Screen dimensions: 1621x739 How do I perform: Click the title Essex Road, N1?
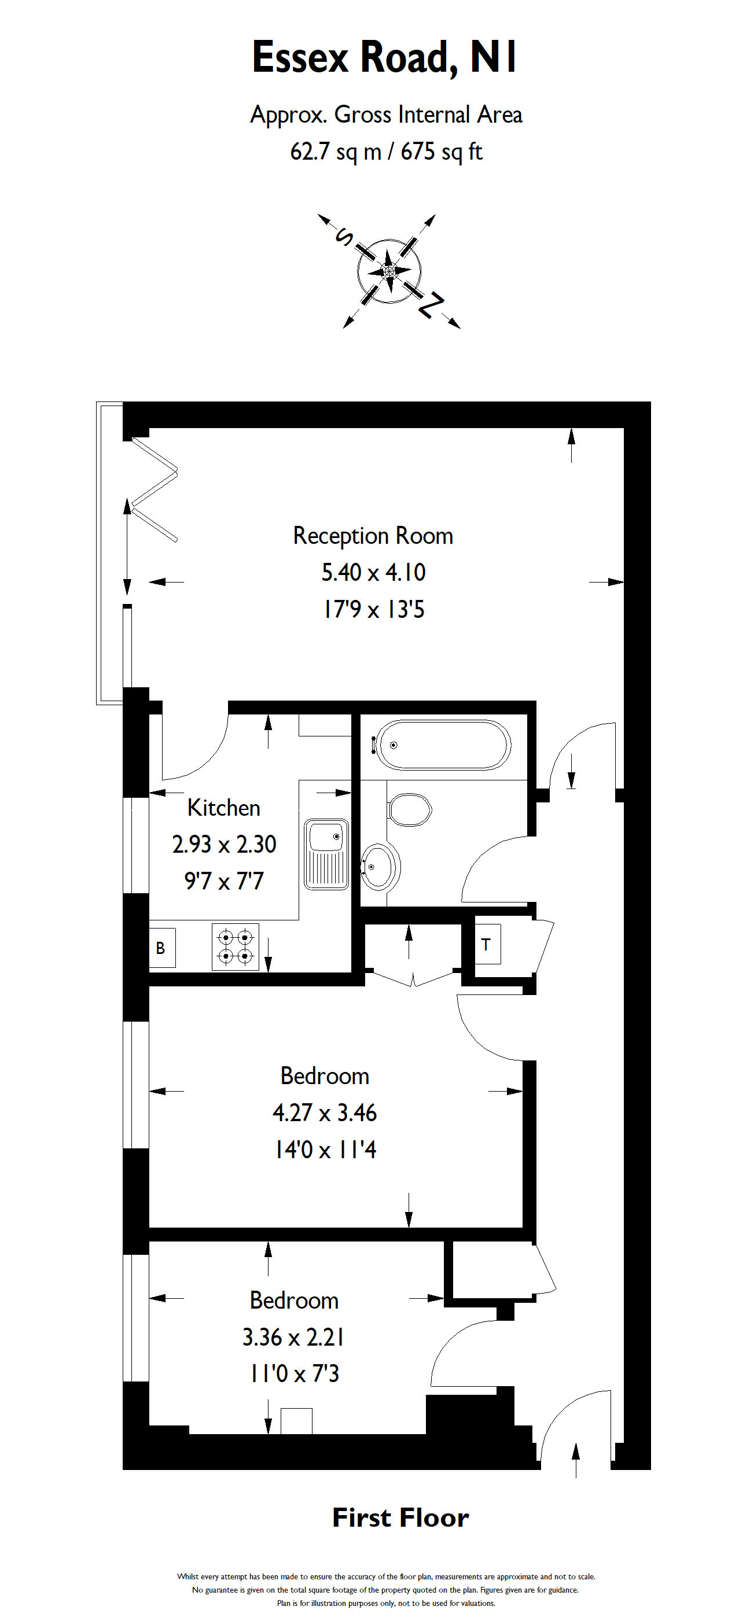(x=384, y=57)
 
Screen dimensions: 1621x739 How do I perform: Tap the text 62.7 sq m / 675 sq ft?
(x=386, y=152)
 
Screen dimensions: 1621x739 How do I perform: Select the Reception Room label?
(x=373, y=536)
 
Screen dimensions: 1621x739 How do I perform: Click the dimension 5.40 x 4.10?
(x=373, y=572)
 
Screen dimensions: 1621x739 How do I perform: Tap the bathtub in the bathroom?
(x=443, y=745)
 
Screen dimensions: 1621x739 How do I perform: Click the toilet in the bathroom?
(x=410, y=809)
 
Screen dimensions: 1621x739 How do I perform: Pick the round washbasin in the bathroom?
(x=380, y=867)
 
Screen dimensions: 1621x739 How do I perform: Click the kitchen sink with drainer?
(x=326, y=854)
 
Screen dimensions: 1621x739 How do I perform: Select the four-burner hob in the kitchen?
(x=236, y=946)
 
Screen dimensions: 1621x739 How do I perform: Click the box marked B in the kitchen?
(x=161, y=948)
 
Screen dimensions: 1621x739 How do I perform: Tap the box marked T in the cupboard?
(x=486, y=944)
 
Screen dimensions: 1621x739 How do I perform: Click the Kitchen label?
(x=223, y=808)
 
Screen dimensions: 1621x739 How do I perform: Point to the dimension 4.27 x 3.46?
(x=324, y=1112)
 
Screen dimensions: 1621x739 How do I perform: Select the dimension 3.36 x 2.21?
(x=293, y=1337)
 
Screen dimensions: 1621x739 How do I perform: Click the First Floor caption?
(x=400, y=1517)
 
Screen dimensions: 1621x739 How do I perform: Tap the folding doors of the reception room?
(x=153, y=489)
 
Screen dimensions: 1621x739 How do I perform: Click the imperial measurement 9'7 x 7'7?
(x=223, y=881)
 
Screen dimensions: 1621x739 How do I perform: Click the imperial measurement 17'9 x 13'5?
(x=373, y=609)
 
